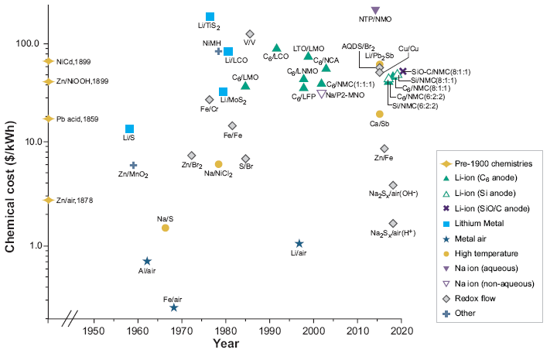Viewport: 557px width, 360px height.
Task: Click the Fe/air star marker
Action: (x=174, y=307)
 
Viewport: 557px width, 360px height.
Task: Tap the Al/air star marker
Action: (x=147, y=261)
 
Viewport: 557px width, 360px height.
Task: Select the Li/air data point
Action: (x=299, y=244)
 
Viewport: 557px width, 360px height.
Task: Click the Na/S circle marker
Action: (x=165, y=228)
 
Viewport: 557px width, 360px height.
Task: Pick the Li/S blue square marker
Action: (x=129, y=129)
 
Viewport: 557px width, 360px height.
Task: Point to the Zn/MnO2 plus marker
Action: (x=133, y=165)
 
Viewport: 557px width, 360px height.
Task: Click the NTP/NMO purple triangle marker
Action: (x=376, y=10)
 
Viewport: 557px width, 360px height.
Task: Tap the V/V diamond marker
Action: (x=250, y=34)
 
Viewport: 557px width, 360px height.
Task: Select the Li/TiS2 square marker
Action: (x=210, y=17)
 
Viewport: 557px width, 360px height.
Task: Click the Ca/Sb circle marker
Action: (x=380, y=114)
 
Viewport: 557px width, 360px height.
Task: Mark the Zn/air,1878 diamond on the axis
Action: (x=48, y=200)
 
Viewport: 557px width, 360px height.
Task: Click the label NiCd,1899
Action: (x=73, y=61)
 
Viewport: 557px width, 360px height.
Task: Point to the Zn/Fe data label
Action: (x=383, y=158)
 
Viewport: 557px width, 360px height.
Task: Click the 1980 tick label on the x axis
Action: (x=226, y=331)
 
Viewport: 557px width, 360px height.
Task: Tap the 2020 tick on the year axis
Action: (x=402, y=331)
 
